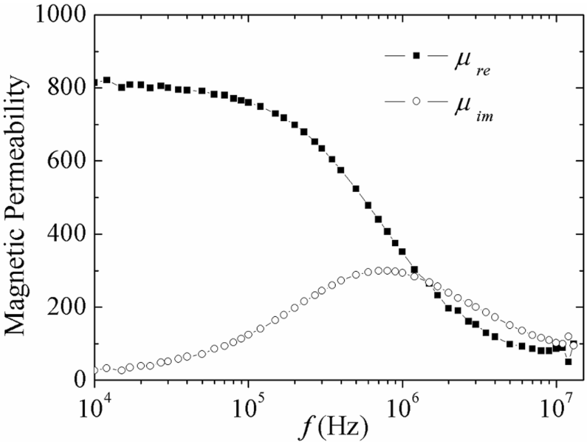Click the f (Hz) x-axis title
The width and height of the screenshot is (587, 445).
pos(336,428)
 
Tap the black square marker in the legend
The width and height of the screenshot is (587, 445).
pos(417,56)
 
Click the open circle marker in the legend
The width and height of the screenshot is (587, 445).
pos(417,101)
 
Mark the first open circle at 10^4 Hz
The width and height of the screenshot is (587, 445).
pos(95,370)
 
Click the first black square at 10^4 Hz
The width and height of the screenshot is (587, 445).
pos(95,83)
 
